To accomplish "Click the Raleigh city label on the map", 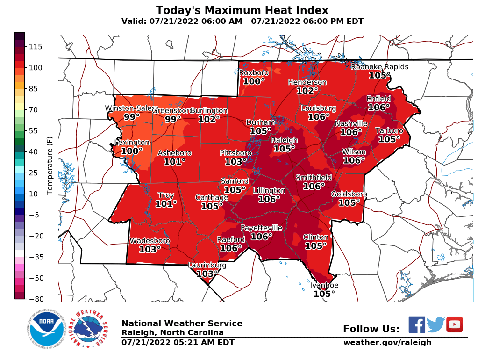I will pyautogui.click(x=284, y=140).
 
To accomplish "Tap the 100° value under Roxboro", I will pyautogui.click(x=254, y=81).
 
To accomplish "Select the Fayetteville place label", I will pyautogui.click(x=261, y=228).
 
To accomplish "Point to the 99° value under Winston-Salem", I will pyautogui.click(x=132, y=117).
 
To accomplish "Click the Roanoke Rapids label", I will pyautogui.click(x=379, y=67).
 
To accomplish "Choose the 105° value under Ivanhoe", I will pyautogui.click(x=324, y=294).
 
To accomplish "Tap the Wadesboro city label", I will pyautogui.click(x=150, y=241).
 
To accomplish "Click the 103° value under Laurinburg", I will pyautogui.click(x=207, y=274).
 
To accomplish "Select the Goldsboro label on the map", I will pyautogui.click(x=349, y=194).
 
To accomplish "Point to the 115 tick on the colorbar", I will pyautogui.click(x=36, y=47).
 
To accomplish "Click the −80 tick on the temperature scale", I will pyautogui.click(x=36, y=299).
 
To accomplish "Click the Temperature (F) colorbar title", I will pyautogui.click(x=50, y=166).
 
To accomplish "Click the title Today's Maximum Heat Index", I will pyautogui.click(x=242, y=10).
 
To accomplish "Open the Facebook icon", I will pyautogui.click(x=417, y=324).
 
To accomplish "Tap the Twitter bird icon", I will pyautogui.click(x=435, y=324).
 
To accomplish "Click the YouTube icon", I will pyautogui.click(x=454, y=324).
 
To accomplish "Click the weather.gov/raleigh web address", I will pyautogui.click(x=387, y=343).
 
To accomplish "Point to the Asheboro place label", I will pyautogui.click(x=174, y=153).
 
